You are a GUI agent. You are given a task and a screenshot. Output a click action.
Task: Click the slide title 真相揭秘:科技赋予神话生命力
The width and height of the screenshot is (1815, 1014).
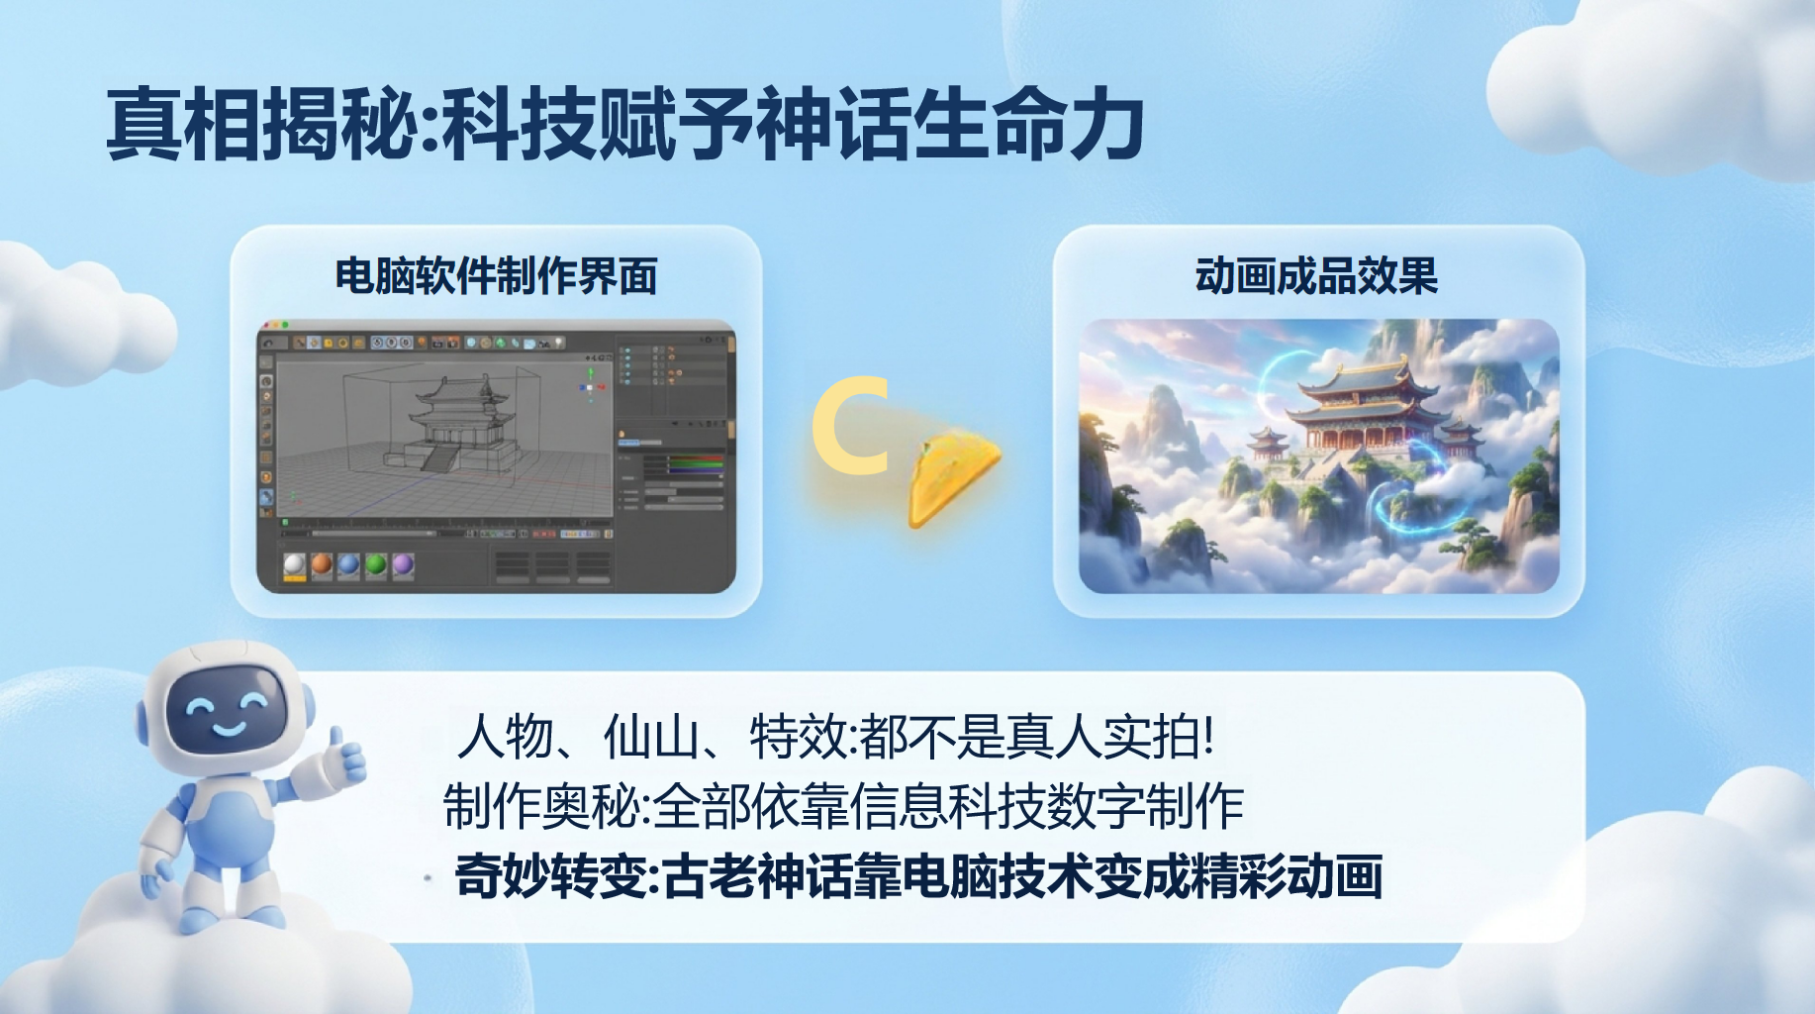click(x=625, y=124)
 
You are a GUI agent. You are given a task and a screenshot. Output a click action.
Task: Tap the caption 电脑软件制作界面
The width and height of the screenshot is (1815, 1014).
click(x=496, y=276)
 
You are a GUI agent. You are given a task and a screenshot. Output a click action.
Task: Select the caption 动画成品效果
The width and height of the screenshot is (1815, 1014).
click(x=1316, y=276)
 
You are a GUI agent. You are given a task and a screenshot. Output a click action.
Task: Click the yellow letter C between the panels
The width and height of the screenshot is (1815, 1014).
click(x=849, y=426)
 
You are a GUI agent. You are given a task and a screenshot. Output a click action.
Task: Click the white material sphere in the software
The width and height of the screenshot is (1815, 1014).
click(x=295, y=564)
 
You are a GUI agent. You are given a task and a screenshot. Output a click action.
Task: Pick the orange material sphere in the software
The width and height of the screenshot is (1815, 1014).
click(x=322, y=564)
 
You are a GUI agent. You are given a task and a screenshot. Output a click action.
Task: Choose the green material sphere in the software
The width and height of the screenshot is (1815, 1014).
click(x=376, y=564)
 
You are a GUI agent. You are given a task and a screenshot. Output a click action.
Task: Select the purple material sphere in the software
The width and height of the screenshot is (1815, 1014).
click(x=403, y=564)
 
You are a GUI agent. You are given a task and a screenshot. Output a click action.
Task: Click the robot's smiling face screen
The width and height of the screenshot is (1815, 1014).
click(x=227, y=712)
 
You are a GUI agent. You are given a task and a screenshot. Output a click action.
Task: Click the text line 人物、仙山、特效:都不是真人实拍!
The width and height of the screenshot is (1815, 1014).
click(x=836, y=737)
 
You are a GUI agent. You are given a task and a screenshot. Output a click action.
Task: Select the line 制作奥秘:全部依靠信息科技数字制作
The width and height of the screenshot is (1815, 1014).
click(x=844, y=806)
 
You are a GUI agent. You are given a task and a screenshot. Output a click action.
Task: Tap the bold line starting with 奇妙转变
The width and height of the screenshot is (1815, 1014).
click(x=918, y=876)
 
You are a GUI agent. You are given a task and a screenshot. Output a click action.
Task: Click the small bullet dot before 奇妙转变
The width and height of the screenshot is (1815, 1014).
click(x=428, y=877)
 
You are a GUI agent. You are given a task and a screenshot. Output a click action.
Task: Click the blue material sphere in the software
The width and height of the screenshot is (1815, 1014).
click(x=348, y=564)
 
